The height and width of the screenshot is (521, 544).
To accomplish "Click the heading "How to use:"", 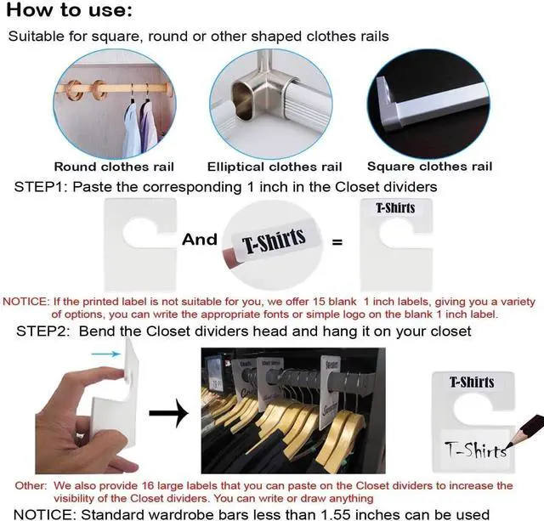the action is click(x=70, y=9).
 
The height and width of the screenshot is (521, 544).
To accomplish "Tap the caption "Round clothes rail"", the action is click(x=114, y=167).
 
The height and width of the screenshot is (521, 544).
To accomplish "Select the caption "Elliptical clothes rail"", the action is click(x=275, y=167).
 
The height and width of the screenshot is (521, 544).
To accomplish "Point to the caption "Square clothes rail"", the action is click(x=429, y=167).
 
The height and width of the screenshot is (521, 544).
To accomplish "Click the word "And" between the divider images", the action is click(x=200, y=240).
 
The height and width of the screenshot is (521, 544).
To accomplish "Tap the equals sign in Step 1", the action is click(x=337, y=241).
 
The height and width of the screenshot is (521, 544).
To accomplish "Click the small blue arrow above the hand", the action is click(x=105, y=354).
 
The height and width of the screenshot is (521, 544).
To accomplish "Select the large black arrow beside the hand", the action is click(x=169, y=413).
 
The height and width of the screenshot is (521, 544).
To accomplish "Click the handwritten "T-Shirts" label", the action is click(x=475, y=450).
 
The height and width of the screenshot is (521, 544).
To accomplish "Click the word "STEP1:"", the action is click(x=41, y=187).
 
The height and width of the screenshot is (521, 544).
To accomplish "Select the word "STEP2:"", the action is click(x=42, y=331).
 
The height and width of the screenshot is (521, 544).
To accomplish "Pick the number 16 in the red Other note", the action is click(x=147, y=485).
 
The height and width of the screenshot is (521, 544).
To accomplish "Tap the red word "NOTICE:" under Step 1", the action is click(x=26, y=302).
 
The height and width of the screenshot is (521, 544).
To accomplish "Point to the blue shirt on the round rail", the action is click(x=132, y=129).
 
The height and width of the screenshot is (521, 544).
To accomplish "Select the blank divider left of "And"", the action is click(x=140, y=245).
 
